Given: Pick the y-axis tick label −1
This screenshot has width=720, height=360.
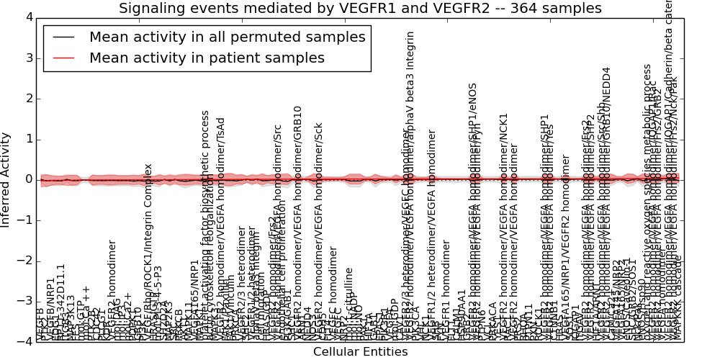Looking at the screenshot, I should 25,220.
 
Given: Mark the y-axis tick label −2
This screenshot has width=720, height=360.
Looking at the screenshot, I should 25,261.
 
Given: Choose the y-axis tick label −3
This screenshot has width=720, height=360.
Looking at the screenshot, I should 25,302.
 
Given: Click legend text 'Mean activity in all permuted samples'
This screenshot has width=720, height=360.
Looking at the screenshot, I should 228,37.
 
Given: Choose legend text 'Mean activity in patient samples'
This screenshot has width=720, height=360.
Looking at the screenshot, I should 207,58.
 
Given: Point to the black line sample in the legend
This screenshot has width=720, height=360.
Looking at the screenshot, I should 63,37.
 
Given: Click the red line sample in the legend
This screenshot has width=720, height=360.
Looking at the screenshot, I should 63,58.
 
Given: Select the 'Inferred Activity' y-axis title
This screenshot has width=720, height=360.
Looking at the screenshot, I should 6,179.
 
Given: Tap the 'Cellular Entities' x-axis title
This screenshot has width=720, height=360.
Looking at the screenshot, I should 360,352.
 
